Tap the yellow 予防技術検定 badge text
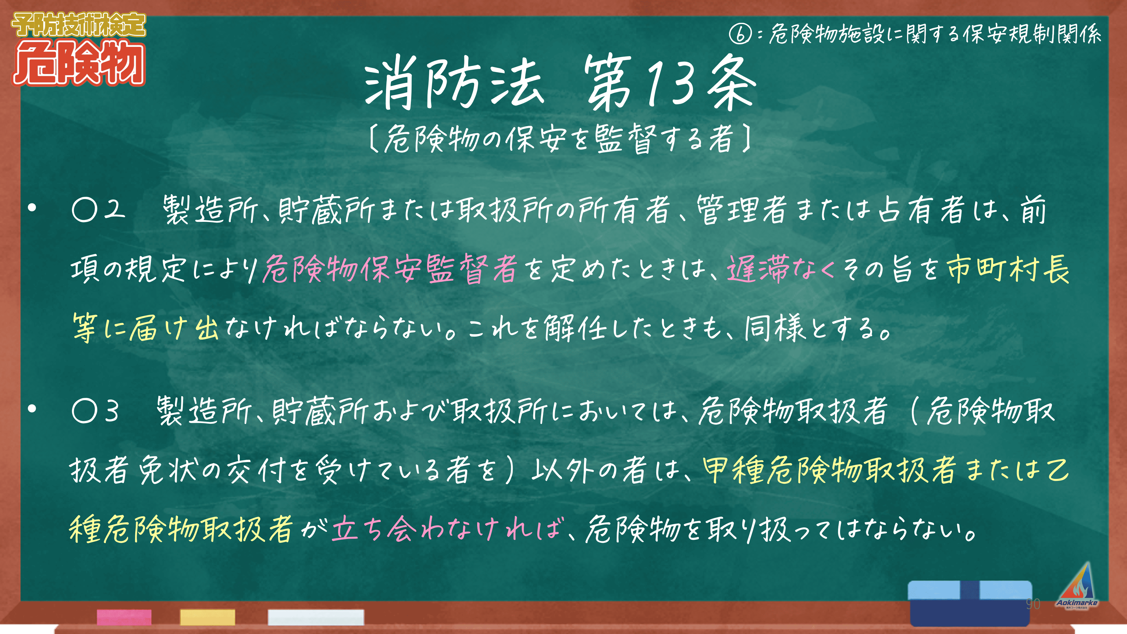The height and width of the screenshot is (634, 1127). coord(79,25)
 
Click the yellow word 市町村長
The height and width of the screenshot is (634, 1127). coord(1007,269)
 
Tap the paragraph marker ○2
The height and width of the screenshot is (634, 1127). coord(98,209)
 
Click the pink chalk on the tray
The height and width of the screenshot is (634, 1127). coord(124,617)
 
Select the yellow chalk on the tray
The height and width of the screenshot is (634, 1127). coord(207,617)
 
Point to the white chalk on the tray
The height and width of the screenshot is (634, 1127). coord(316,617)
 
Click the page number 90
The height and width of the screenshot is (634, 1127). coord(1033,604)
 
